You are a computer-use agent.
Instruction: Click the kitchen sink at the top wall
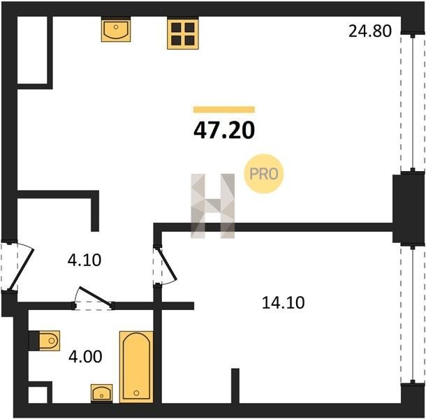(x=116, y=29)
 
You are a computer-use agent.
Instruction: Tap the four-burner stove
(x=183, y=33)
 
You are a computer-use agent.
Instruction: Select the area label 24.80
(x=370, y=31)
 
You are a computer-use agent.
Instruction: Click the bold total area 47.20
(x=224, y=130)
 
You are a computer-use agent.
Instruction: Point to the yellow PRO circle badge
(x=264, y=174)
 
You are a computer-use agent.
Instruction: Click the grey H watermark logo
(x=213, y=206)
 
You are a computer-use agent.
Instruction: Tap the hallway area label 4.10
(x=85, y=260)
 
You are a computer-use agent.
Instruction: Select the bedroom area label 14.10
(x=283, y=302)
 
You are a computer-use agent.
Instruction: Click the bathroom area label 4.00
(x=85, y=357)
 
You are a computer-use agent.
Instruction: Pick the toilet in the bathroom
(x=45, y=341)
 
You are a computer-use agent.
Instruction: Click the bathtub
(x=136, y=367)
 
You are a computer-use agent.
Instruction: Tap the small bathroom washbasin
(x=101, y=393)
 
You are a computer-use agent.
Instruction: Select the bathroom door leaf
(x=96, y=295)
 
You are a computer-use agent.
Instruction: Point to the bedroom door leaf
(x=167, y=263)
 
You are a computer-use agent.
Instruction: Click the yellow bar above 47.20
(x=224, y=110)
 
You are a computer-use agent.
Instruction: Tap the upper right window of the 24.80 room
(x=413, y=103)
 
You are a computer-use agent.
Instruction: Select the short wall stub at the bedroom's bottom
(x=235, y=386)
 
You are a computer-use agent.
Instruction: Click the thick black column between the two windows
(x=409, y=209)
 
